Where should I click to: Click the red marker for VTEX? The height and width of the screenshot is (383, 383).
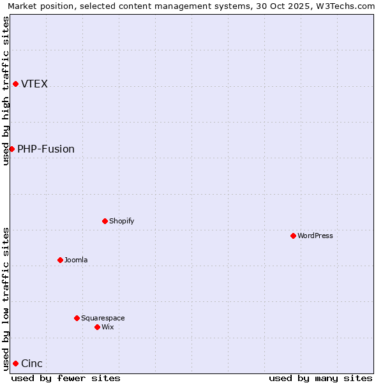pos(15,84)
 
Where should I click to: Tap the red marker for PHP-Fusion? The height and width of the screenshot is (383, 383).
pos(11,149)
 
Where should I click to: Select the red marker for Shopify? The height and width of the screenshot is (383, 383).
pos(105,221)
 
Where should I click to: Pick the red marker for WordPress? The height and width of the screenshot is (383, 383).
pos(293,236)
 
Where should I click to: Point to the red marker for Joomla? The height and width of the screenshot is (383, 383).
pos(60,260)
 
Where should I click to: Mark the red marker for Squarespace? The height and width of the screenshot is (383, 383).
pos(77,318)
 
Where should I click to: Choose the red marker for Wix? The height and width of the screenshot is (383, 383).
pos(97,327)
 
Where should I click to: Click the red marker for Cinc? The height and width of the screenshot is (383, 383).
pos(15,363)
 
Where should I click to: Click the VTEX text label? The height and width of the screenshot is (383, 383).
pos(34,84)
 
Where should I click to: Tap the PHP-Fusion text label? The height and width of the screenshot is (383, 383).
pos(46,149)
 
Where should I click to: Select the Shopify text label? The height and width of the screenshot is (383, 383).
pos(121,221)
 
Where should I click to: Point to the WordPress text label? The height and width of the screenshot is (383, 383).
pos(315,236)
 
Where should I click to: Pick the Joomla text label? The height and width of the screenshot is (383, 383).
pos(76,260)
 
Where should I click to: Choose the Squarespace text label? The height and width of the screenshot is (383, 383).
pos(103,318)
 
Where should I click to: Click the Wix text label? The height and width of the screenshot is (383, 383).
pos(108,327)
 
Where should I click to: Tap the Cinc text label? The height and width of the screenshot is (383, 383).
pos(32,363)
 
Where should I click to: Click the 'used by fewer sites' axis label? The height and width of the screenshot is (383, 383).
pos(66,378)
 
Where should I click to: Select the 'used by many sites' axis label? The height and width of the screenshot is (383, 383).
pos(320,378)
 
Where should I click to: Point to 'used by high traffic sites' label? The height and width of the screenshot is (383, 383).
pos(6,91)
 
